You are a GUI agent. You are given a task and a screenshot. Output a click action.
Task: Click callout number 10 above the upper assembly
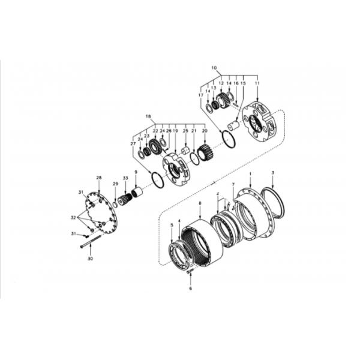point(214,68)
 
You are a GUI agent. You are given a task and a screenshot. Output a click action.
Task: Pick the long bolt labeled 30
point(91,242)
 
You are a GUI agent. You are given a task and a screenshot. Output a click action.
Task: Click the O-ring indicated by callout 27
point(157,180)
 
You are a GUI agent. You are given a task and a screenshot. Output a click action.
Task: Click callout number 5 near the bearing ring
point(171,225)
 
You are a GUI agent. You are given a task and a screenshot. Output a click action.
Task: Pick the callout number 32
point(73,217)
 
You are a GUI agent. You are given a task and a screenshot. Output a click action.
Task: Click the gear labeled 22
point(157,146)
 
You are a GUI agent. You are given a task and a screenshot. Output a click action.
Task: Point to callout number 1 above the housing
point(250,173)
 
